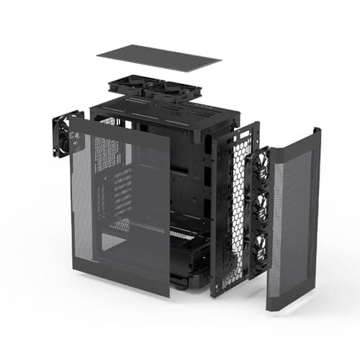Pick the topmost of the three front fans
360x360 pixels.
(x=260, y=171)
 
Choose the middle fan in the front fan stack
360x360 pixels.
(x=259, y=209)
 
